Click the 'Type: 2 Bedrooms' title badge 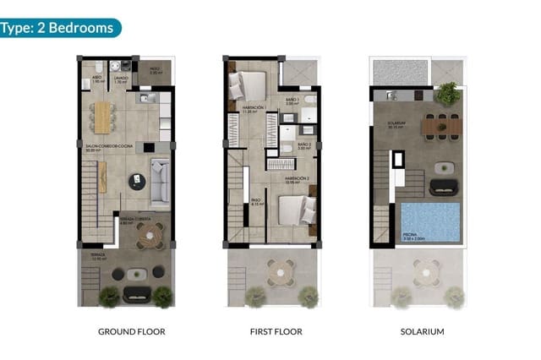tap(59, 27)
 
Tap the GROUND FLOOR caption tap(132, 331)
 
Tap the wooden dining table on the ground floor tap(103, 117)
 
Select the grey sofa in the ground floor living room tap(159, 183)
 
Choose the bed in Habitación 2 tap(297, 209)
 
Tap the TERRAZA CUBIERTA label tap(135, 219)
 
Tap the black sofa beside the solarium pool tap(442, 188)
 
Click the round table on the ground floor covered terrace tap(150, 239)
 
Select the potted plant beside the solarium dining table tap(448, 93)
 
